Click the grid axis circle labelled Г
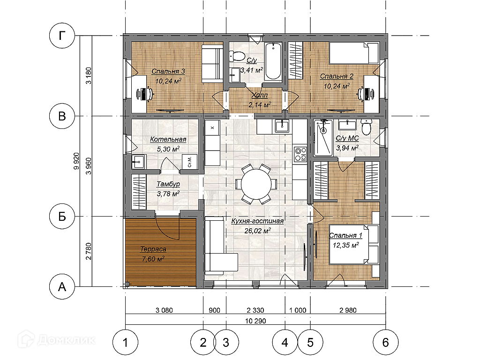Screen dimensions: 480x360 pyautogui.click(x=62, y=36)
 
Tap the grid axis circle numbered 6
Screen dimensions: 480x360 pyautogui.click(x=385, y=342)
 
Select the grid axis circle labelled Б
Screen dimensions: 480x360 pyautogui.click(x=62, y=217)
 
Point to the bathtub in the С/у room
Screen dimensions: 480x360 pyautogui.click(x=273, y=61)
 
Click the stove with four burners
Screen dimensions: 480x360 pyautogui.click(x=300, y=154)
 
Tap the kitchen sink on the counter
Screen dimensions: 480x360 pyautogui.click(x=282, y=126)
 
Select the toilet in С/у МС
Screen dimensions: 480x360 pyautogui.click(x=366, y=127)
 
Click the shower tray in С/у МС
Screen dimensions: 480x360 pyautogui.click(x=323, y=137)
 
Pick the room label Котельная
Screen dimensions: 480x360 pyautogui.click(x=168, y=139)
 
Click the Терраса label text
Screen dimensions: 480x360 pyautogui.click(x=153, y=249)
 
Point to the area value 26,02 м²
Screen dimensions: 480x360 pyautogui.click(x=257, y=231)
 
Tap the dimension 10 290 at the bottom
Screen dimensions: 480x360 pyautogui.click(x=255, y=321)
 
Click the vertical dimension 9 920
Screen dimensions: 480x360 pyautogui.click(x=76, y=161)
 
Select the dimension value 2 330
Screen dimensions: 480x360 pyautogui.click(x=255, y=310)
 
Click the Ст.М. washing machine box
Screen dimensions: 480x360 pyautogui.click(x=190, y=161)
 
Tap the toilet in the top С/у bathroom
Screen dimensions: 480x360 pyautogui.click(x=236, y=56)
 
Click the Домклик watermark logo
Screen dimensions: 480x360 pyautogui.click(x=57, y=339)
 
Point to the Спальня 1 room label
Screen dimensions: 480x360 pyautogui.click(x=345, y=235)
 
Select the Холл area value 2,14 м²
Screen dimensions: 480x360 pyautogui.click(x=260, y=105)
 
